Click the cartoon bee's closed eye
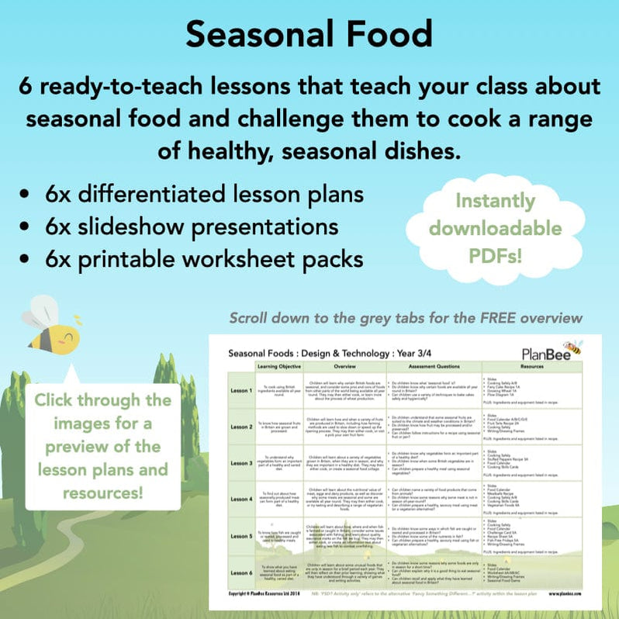[70, 339]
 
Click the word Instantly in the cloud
[495, 201]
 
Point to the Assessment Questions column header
[434, 365]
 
